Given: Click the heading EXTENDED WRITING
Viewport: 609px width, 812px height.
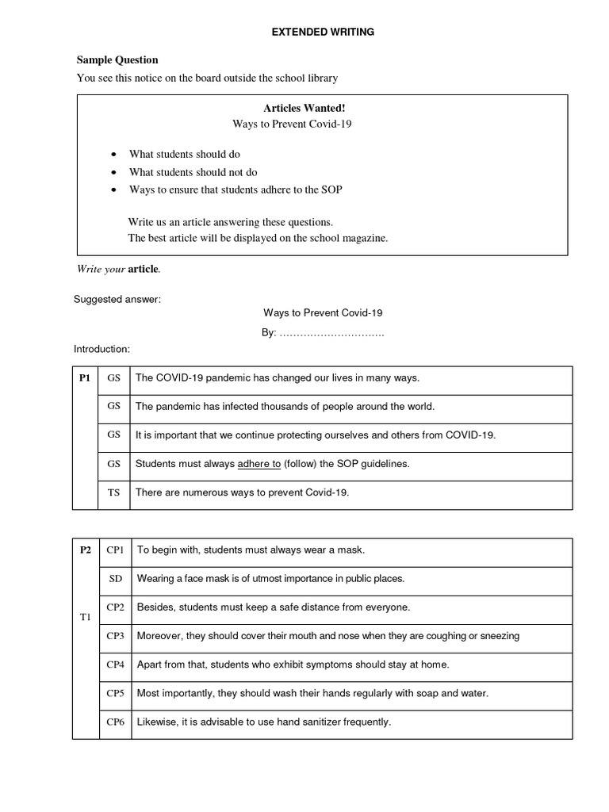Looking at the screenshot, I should pyautogui.click(x=323, y=33).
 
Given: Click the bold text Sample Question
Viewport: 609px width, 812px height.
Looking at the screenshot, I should pyautogui.click(x=117, y=59).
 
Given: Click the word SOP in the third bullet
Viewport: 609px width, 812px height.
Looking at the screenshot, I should pyautogui.click(x=331, y=190).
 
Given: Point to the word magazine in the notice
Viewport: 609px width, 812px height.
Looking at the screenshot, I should pyautogui.click(x=364, y=238).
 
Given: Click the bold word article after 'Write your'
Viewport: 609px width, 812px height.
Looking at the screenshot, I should pyautogui.click(x=144, y=269).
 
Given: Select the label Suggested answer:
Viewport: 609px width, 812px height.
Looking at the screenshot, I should pyautogui.click(x=117, y=299).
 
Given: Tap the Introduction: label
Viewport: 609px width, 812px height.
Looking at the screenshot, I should pyautogui.click(x=102, y=349).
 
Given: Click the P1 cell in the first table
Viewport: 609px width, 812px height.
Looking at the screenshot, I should pyautogui.click(x=86, y=378).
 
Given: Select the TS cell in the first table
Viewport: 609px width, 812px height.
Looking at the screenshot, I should pyautogui.click(x=114, y=492).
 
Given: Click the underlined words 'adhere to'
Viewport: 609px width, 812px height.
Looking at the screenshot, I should pyautogui.click(x=259, y=464).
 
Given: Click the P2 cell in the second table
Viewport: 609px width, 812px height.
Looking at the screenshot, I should pyautogui.click(x=86, y=550).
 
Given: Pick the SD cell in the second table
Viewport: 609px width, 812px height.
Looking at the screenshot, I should pyautogui.click(x=116, y=578).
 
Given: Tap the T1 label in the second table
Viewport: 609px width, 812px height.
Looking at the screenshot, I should pyautogui.click(x=86, y=617).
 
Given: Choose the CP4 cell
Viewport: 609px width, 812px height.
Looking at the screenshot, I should pyautogui.click(x=116, y=665).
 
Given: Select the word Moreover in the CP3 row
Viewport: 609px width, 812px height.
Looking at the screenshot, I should pyautogui.click(x=159, y=636).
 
